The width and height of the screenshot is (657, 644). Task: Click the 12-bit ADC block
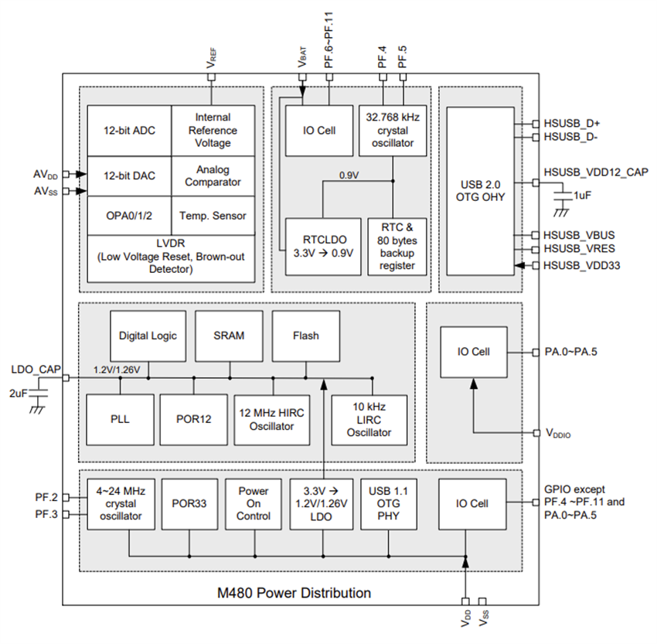click(x=129, y=131)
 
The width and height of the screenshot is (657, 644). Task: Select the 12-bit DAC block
click(x=129, y=175)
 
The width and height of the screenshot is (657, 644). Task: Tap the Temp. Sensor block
click(x=213, y=216)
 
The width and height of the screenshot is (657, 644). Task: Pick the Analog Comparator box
click(x=213, y=175)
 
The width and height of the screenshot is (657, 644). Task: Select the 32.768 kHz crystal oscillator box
click(x=393, y=131)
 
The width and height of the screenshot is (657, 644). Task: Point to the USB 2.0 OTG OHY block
click(x=480, y=190)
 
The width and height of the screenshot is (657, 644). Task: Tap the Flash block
click(x=305, y=336)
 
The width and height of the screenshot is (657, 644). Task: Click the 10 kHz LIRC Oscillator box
click(x=369, y=419)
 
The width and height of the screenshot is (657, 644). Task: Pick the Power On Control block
click(x=253, y=503)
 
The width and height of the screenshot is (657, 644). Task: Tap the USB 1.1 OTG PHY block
click(x=389, y=503)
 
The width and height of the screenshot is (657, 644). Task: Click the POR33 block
click(x=188, y=503)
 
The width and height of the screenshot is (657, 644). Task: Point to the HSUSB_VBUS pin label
click(x=580, y=235)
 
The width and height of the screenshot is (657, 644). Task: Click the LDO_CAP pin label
click(x=32, y=369)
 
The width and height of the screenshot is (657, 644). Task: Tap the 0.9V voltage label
click(x=350, y=175)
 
